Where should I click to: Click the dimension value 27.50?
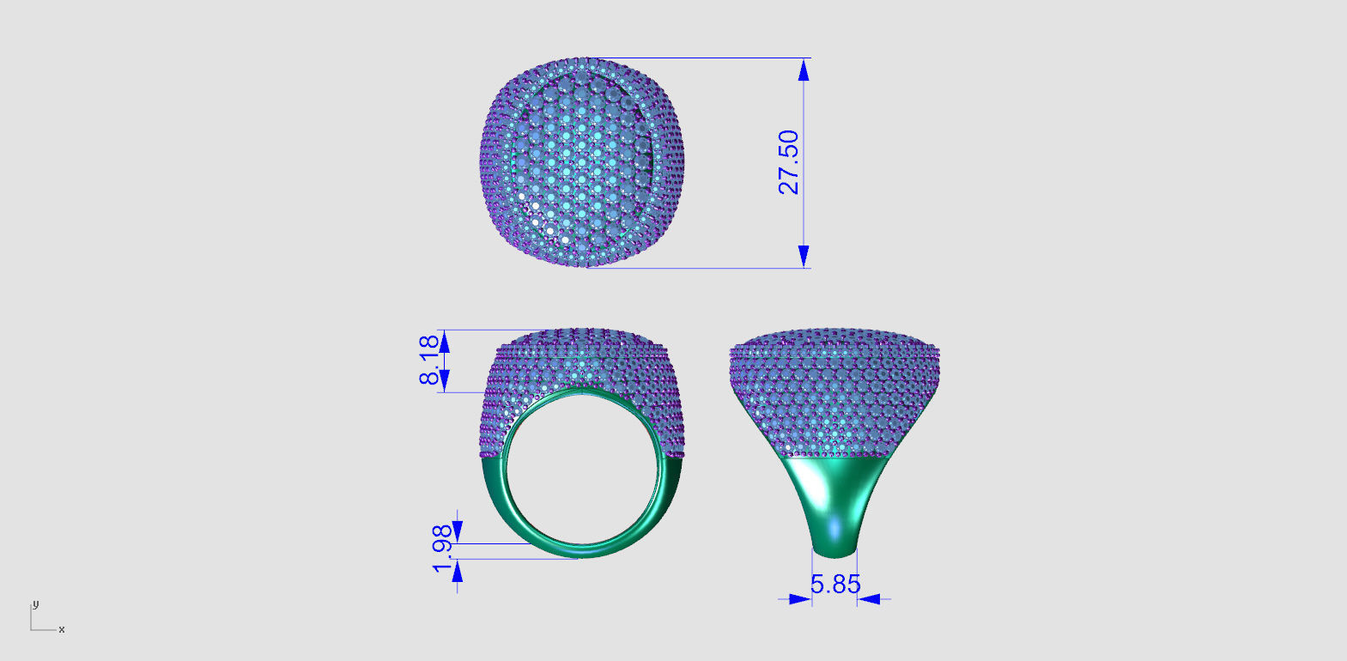[x=788, y=162]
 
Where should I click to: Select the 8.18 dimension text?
[x=429, y=360]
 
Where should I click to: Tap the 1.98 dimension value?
[x=441, y=549]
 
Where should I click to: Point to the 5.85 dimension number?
[x=834, y=585]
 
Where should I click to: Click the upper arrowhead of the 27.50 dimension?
[x=804, y=70]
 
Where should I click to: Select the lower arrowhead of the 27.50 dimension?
[x=804, y=256]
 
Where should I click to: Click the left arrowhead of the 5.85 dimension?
[x=799, y=599]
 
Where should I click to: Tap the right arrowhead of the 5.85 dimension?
[x=869, y=599]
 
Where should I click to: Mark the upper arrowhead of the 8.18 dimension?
[x=444, y=341]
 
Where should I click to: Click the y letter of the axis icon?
[x=35, y=604]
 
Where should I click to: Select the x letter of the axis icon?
[x=62, y=630]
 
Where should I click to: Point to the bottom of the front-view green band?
[x=582, y=551]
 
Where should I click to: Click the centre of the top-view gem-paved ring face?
[x=582, y=163]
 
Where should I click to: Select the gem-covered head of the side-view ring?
[x=834, y=386]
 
